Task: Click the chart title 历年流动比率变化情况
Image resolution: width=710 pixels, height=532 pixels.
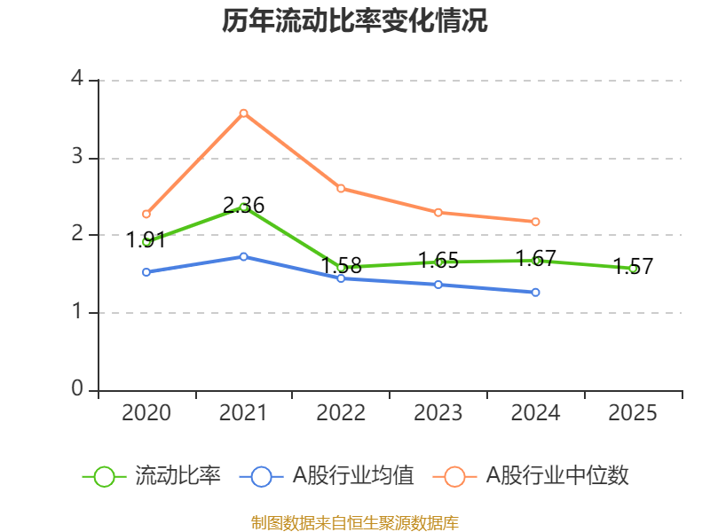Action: [x=354, y=20]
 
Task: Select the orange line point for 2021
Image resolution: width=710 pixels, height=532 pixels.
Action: [x=243, y=113]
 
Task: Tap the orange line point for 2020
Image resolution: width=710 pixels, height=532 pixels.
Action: [x=146, y=214]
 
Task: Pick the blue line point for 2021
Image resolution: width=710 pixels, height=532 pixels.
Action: [x=243, y=256]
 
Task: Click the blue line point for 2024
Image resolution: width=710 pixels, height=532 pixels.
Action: [x=535, y=293]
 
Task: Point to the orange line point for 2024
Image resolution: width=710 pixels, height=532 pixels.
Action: [x=535, y=222]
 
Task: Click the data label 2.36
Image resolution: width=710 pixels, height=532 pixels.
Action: [x=243, y=206]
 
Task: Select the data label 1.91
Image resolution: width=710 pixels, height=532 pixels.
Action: [x=146, y=239]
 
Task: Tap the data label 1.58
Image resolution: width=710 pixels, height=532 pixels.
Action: [x=342, y=265]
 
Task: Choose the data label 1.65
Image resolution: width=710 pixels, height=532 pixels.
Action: [x=438, y=261]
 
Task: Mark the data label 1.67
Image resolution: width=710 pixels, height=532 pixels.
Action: [x=536, y=259]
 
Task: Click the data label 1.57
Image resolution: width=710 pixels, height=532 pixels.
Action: [x=633, y=267]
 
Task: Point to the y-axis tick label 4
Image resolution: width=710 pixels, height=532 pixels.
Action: [x=77, y=78]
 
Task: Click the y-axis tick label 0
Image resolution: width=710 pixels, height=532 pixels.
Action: [x=77, y=388]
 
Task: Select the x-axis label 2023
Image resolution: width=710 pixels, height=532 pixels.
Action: [x=438, y=412]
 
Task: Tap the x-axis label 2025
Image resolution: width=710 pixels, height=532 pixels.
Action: [x=633, y=412]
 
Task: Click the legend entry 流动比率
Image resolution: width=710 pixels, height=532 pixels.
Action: [x=152, y=476]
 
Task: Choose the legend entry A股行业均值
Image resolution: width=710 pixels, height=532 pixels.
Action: [x=327, y=476]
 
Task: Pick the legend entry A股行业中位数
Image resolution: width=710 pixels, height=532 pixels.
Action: [x=531, y=476]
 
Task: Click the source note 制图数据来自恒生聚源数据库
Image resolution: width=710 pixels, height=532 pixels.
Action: [x=355, y=523]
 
